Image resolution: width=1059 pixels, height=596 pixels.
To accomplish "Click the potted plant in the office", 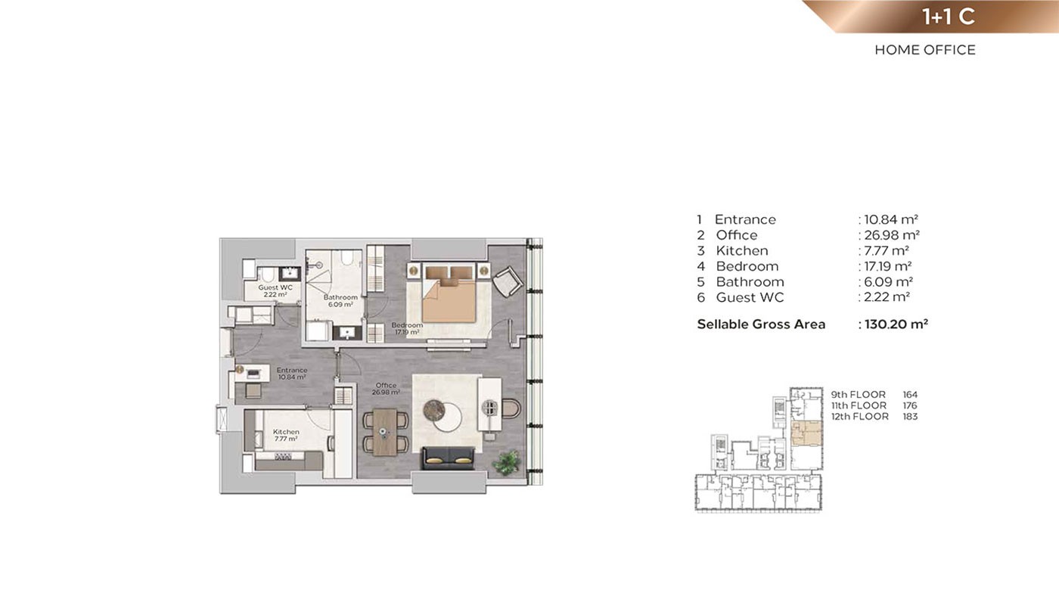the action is [x=506, y=462].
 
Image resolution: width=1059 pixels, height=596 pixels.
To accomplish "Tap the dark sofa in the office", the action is [x=448, y=458].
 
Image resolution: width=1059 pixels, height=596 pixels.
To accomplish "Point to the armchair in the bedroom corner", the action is [x=508, y=281].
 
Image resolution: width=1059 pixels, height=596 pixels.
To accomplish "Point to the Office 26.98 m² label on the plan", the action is [x=386, y=389].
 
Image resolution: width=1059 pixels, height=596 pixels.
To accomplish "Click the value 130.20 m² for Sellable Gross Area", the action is [x=896, y=324].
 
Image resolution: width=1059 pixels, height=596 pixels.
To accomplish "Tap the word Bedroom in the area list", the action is [x=747, y=266].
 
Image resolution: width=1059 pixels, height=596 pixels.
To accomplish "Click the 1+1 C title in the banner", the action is [x=949, y=17].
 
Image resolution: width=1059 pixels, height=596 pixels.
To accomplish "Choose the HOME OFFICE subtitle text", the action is [x=924, y=50].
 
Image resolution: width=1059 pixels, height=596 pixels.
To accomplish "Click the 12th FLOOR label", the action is [x=859, y=417].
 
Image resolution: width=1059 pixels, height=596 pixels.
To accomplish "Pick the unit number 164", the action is [x=909, y=395].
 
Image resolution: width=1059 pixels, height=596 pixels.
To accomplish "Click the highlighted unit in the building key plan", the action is [x=806, y=433].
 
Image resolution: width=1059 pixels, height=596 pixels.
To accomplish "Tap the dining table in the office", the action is [x=385, y=432].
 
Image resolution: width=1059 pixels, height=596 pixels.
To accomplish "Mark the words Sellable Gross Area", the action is [x=761, y=324].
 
